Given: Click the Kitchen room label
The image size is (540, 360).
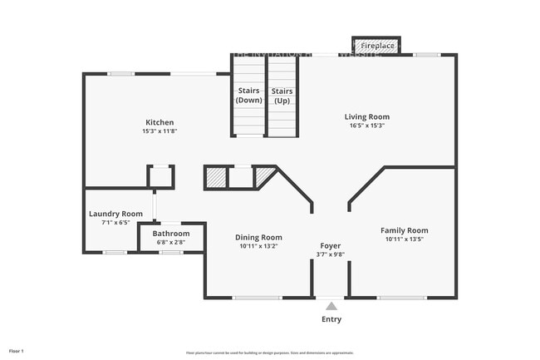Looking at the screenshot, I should click(160, 122).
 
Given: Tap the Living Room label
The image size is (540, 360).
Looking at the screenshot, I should click(367, 116).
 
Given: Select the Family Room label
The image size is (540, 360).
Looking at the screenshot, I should click(405, 230).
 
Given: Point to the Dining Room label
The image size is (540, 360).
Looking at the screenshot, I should click(259, 237).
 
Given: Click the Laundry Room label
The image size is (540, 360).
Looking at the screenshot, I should click(115, 214).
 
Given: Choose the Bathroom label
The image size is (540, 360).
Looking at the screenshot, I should click(170, 234).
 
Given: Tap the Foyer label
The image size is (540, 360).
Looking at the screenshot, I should click(331, 246).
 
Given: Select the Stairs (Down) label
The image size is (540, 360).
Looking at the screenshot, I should click(249, 95).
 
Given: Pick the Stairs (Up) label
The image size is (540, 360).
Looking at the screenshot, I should click(282, 95).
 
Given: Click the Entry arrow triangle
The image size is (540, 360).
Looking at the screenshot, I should click(331, 305).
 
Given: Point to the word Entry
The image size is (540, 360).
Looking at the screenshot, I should click(331, 319).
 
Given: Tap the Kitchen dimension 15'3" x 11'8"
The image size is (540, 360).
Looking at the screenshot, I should click(160, 131).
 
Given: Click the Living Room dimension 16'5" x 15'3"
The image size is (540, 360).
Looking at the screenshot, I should click(367, 126).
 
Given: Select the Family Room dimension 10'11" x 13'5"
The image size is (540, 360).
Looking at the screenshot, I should click(405, 239).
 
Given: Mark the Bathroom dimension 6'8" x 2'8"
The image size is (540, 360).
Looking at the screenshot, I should click(170, 243).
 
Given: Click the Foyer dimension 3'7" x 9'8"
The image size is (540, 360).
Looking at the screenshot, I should click(331, 255).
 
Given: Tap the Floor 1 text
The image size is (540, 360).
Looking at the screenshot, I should click(17, 352).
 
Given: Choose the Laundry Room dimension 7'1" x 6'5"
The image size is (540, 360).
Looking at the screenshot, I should click(115, 223).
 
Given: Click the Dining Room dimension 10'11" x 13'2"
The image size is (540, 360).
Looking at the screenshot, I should click(259, 246).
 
